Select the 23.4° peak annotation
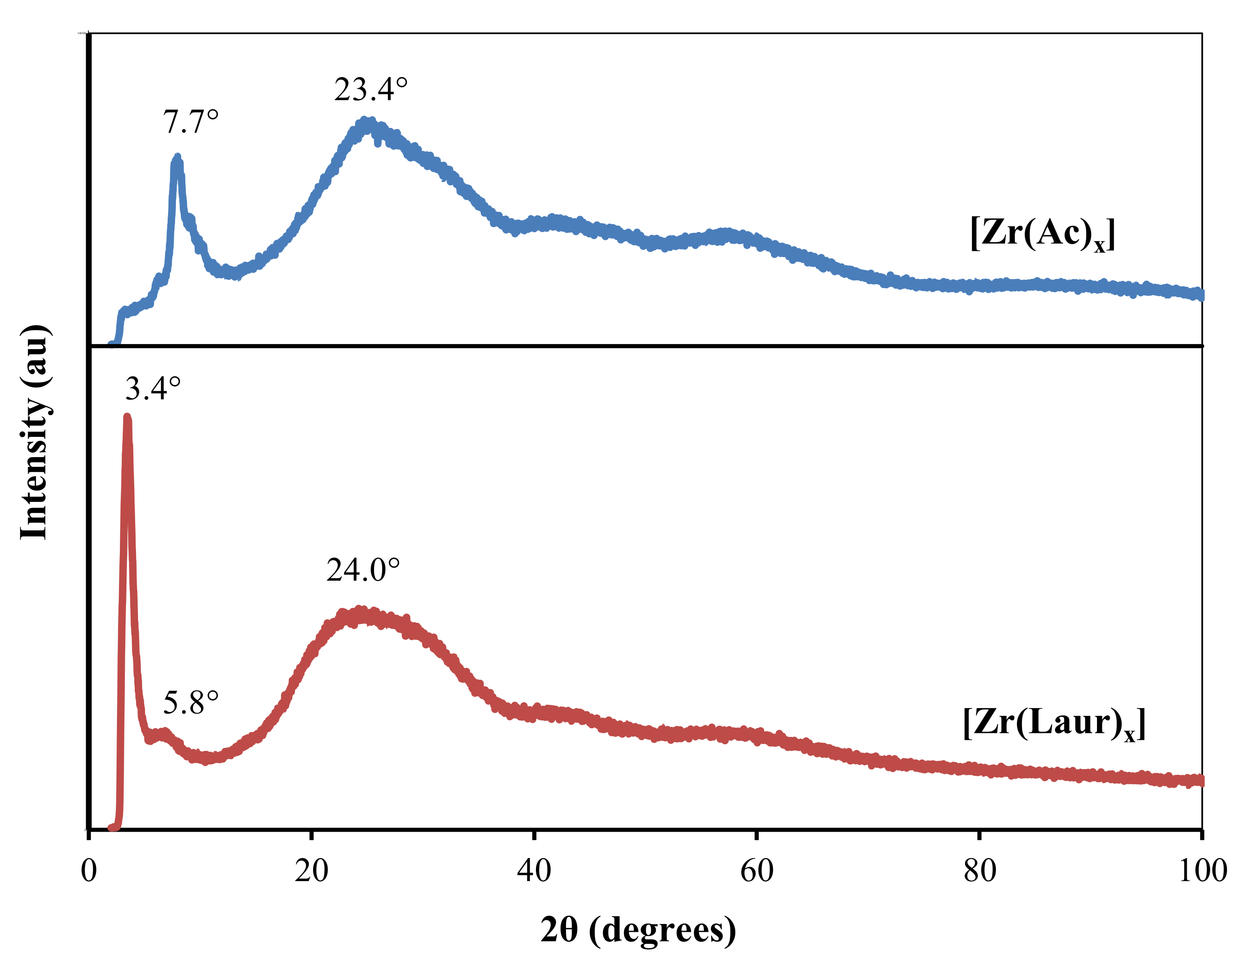click(x=371, y=89)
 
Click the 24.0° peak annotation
click(x=363, y=570)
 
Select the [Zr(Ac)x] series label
click(x=1042, y=234)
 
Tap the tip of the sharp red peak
click(x=127, y=418)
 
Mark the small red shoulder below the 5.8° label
click(x=165, y=732)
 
